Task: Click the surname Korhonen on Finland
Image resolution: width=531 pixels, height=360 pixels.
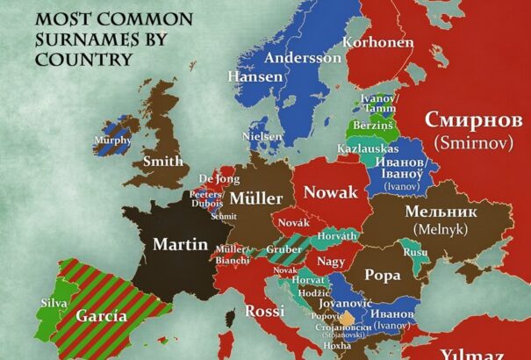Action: pos(377,41)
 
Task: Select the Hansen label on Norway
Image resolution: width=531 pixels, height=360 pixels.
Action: pos(255,76)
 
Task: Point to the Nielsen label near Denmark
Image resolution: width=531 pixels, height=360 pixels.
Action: pos(262,137)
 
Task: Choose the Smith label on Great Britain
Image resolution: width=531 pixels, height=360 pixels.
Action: pos(163,161)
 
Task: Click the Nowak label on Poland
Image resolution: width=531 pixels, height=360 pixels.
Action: pos(330,192)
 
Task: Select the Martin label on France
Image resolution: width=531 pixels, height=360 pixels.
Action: pos(180,243)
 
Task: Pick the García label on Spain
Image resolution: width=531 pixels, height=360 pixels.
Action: pos(101,316)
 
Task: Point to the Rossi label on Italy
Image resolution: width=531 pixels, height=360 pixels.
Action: pos(264,311)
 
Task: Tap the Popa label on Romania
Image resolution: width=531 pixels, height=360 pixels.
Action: pos(382,273)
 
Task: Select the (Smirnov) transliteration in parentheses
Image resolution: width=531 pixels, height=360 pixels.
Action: pos(473,140)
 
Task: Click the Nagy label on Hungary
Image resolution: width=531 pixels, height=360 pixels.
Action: pos(330,261)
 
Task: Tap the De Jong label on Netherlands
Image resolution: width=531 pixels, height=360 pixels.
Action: pos(219,179)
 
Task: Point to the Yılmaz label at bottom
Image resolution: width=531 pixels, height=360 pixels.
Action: pos(472,353)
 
